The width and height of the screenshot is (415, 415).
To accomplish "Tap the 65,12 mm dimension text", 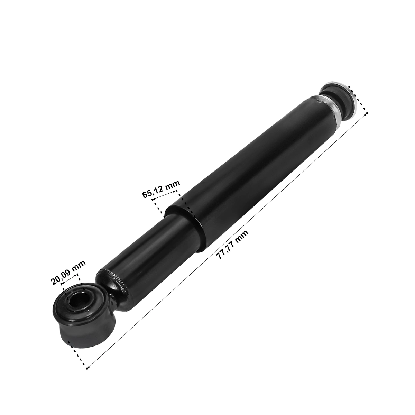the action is click(x=161, y=189).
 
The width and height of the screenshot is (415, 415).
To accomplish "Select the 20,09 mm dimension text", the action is click(x=68, y=272).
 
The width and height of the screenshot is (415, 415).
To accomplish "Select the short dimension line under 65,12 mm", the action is click(x=165, y=194).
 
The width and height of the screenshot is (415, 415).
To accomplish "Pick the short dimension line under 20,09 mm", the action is click(x=69, y=279).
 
